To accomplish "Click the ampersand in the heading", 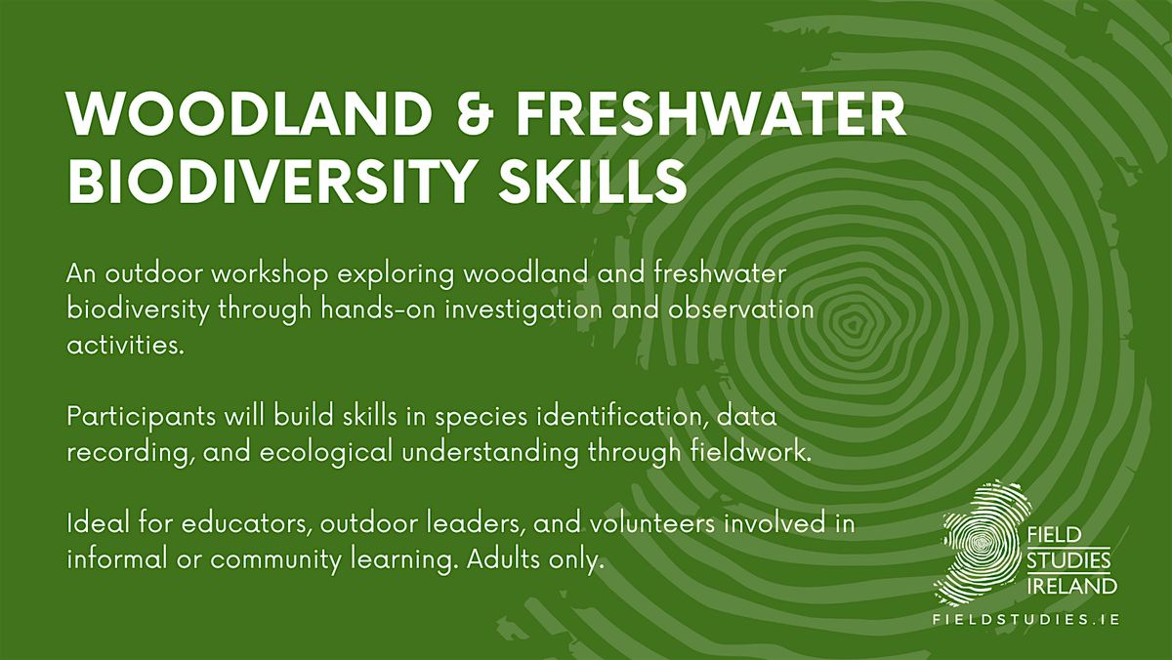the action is tap(476, 114).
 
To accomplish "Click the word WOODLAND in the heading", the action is tap(249, 114).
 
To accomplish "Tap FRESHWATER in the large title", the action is tap(711, 114).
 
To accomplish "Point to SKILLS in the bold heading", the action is tap(592, 182).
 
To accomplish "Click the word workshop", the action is tap(270, 274).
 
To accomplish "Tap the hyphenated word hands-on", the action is tap(378, 309).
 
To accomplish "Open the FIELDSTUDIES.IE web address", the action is tap(1026, 620).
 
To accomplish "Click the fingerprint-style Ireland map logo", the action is tap(983, 544).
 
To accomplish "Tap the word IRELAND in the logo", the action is tap(1071, 586).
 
